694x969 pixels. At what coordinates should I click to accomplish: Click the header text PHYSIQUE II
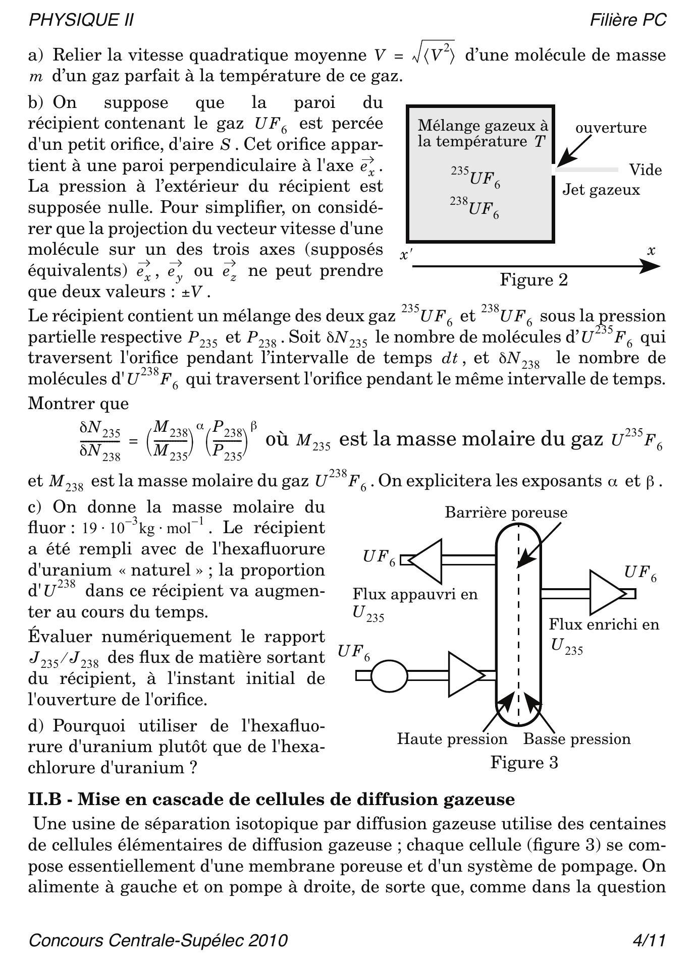point(81,20)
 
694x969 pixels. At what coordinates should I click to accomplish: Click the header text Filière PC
point(628,20)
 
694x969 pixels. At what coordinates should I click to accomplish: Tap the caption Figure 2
point(533,279)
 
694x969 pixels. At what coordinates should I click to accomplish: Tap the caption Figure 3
point(524,762)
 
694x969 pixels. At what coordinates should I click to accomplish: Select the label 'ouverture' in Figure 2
point(611,128)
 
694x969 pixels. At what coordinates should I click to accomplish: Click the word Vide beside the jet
point(645,170)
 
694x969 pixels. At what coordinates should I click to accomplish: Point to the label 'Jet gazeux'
point(601,190)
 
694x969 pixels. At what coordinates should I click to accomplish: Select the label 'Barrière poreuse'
point(506,512)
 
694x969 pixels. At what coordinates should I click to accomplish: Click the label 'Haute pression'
point(452,739)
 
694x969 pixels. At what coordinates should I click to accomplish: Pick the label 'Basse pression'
point(577,739)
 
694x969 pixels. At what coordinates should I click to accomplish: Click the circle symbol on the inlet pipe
point(389,675)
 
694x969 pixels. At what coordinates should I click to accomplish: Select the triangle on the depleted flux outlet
point(426,560)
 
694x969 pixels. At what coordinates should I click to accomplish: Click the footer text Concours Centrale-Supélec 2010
point(158,941)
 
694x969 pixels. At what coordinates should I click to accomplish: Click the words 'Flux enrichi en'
point(604,624)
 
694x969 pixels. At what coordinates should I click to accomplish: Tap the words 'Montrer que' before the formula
point(78,404)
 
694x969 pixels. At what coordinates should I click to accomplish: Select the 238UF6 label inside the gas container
point(475,207)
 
